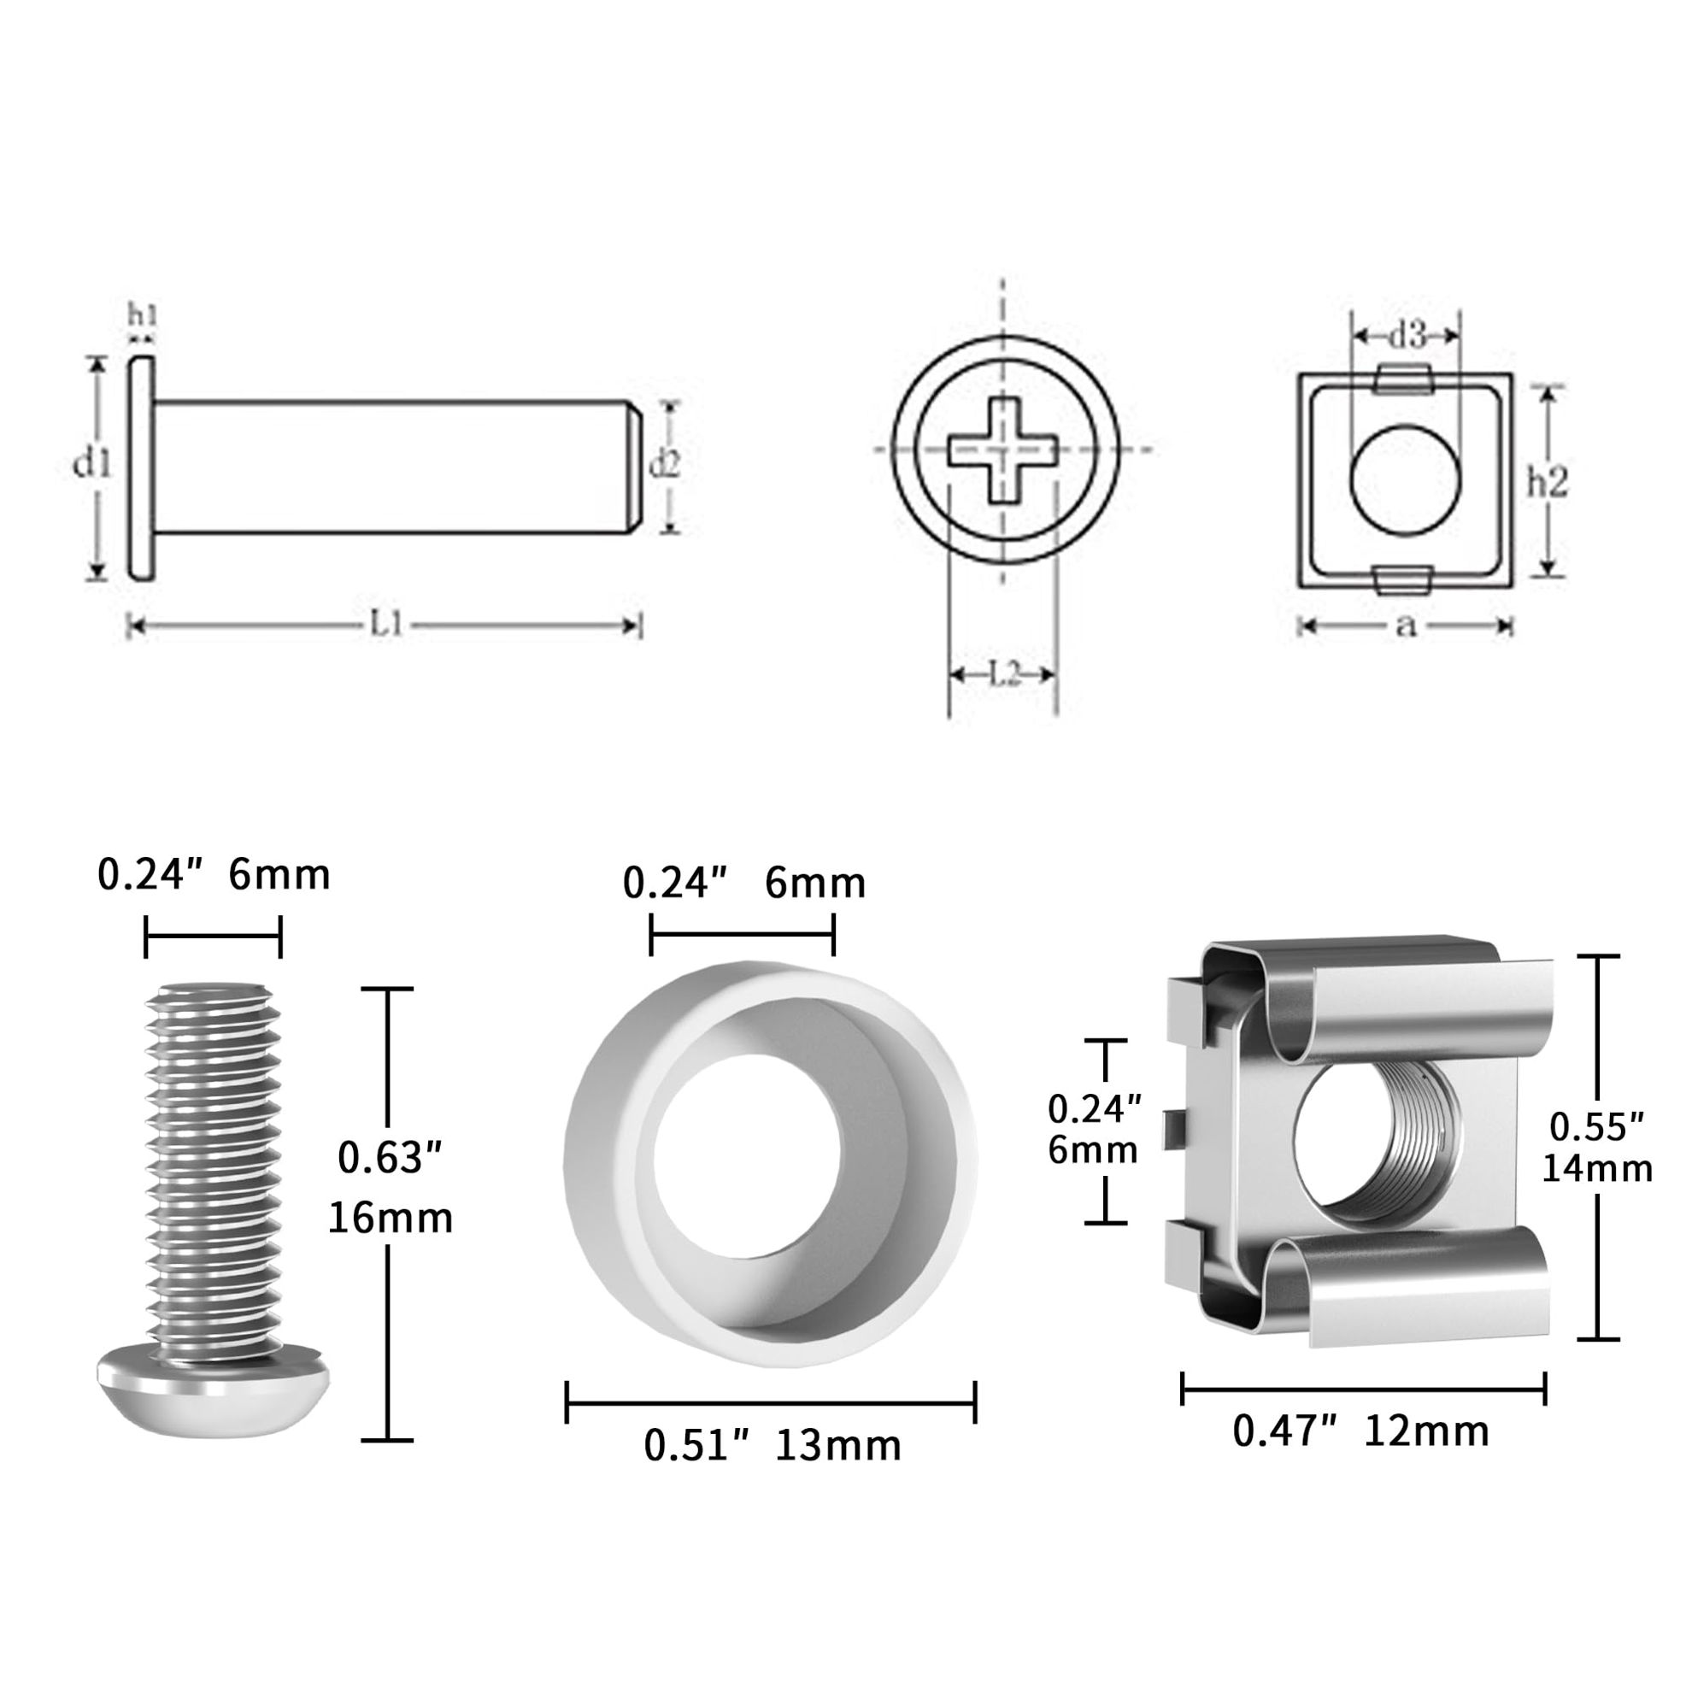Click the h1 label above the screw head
[142, 314]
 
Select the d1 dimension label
[93, 464]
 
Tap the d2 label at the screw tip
[664, 465]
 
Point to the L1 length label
[385, 626]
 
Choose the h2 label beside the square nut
[1548, 482]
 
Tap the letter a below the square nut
[1406, 626]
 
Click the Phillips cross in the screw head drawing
[1003, 450]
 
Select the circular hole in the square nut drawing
[1406, 481]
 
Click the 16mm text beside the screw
[391, 1219]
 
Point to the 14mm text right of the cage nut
[1597, 1169]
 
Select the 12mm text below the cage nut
[1426, 1432]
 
